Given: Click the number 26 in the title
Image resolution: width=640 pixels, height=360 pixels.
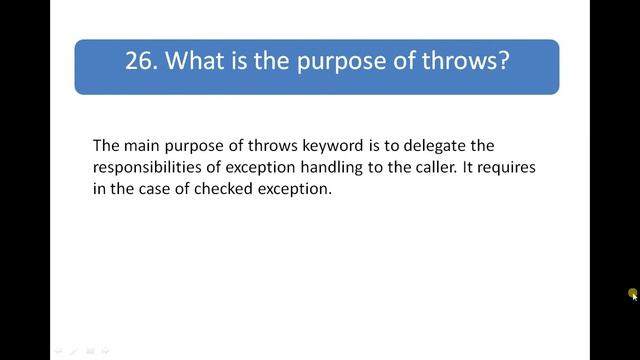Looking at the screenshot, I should pyautogui.click(x=140, y=61).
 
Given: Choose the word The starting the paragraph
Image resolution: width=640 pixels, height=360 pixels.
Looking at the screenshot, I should pyautogui.click(x=106, y=145).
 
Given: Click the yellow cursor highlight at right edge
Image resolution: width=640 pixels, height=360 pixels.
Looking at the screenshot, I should pyautogui.click(x=633, y=293).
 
